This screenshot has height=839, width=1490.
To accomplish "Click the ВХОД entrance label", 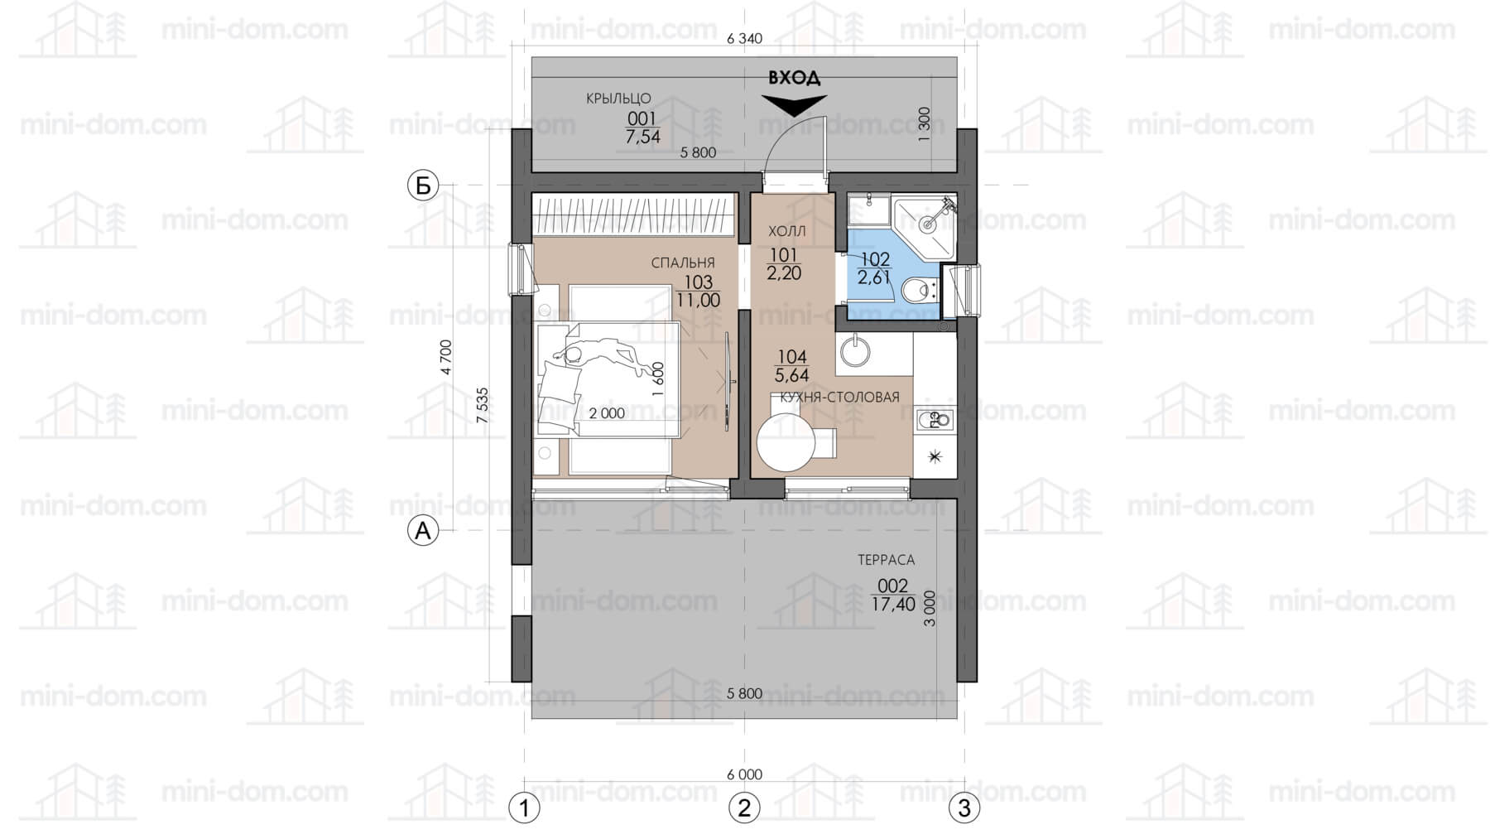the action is (x=795, y=78).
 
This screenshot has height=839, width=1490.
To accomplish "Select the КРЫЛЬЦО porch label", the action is (x=618, y=99).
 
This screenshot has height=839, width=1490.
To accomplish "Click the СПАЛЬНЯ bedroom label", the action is (x=683, y=263).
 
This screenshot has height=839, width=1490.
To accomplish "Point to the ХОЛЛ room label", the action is (x=786, y=231).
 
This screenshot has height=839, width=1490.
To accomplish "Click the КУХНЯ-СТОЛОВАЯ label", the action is (x=834, y=398).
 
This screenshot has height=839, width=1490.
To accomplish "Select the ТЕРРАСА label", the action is (x=886, y=560).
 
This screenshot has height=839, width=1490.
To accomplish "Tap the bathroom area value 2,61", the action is (x=874, y=278).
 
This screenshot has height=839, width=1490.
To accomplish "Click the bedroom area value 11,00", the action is (x=699, y=301).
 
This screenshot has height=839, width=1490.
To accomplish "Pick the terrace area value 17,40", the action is (x=893, y=605).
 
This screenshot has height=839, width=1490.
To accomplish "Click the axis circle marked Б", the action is (x=423, y=186).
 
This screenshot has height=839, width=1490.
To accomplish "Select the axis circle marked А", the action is (x=423, y=530).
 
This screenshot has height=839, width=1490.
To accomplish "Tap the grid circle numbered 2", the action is (x=744, y=808).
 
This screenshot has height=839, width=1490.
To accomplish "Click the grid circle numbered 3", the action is (x=964, y=808).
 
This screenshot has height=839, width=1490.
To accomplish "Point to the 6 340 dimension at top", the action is (x=744, y=38).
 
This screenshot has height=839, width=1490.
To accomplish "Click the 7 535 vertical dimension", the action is (x=483, y=406).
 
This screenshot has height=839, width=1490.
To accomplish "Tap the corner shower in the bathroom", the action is (x=928, y=222).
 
